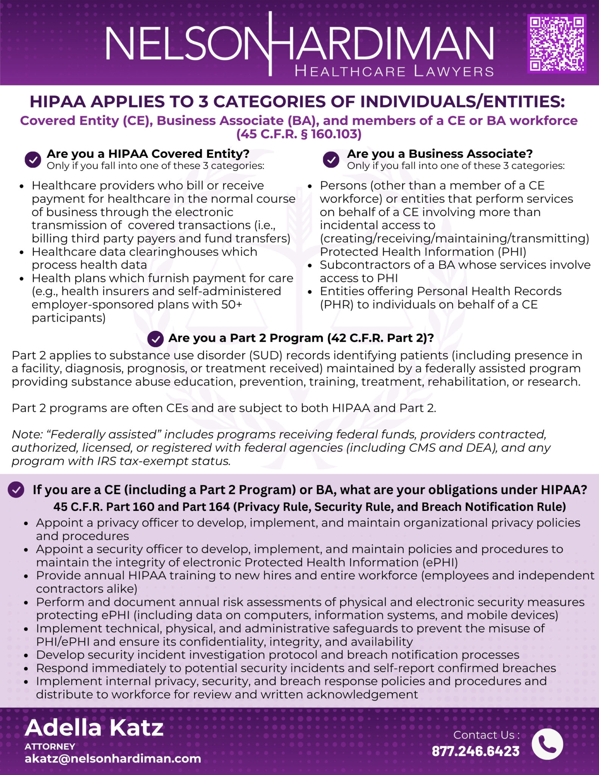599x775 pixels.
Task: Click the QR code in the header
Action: pyautogui.click(x=556, y=44)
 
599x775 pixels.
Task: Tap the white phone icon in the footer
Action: pyautogui.click(x=547, y=744)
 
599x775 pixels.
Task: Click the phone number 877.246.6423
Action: pyautogui.click(x=476, y=751)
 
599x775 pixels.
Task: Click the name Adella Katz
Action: pyautogui.click(x=94, y=728)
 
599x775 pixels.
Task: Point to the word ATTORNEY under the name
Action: pyautogui.click(x=50, y=746)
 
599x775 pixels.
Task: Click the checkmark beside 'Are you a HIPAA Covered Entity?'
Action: pyautogui.click(x=33, y=159)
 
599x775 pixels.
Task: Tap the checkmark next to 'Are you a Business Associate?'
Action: pyautogui.click(x=331, y=159)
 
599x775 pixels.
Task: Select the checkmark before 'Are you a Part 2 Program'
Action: pyautogui.click(x=156, y=339)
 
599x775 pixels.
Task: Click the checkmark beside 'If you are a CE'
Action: pyautogui.click(x=16, y=490)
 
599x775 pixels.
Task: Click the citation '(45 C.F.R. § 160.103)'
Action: pyautogui.click(x=299, y=134)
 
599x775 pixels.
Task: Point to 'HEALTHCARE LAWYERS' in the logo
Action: pyautogui.click(x=394, y=71)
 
